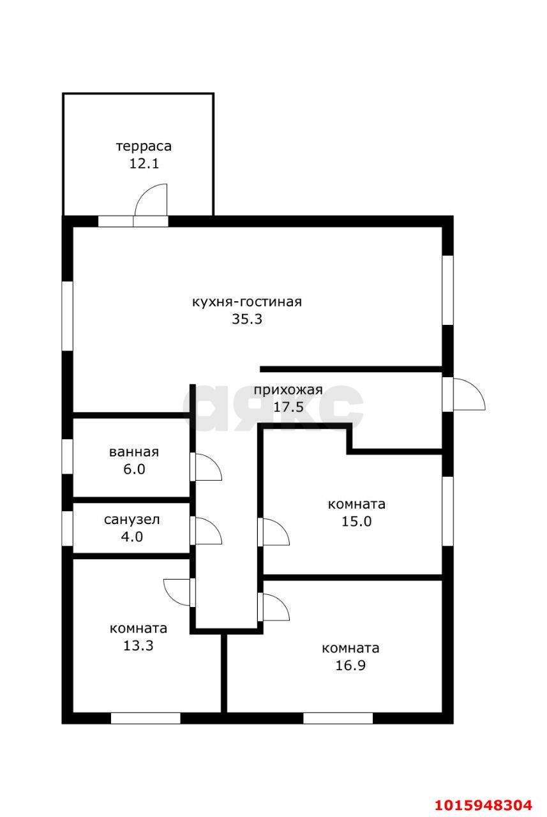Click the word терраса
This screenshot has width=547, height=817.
coord(144,146)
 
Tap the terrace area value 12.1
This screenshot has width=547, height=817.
coord(144,163)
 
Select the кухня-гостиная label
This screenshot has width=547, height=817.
coord(246,302)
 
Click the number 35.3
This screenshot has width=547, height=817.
coord(246,319)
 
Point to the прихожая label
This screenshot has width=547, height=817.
coord(288,391)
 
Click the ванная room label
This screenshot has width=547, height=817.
coord(133,453)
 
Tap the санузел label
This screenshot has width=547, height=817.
coord(131,520)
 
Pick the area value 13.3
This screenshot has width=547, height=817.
coord(139,645)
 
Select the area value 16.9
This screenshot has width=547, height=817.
coord(350,666)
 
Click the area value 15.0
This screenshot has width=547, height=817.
coord(356,521)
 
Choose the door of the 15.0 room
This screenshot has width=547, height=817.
coord(274,532)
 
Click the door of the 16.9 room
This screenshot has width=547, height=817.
coord(274,607)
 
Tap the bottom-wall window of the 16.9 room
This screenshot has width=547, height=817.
coord(338,718)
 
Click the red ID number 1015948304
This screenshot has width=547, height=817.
coord(483,804)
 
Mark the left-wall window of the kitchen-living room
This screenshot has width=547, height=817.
coord(68,315)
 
